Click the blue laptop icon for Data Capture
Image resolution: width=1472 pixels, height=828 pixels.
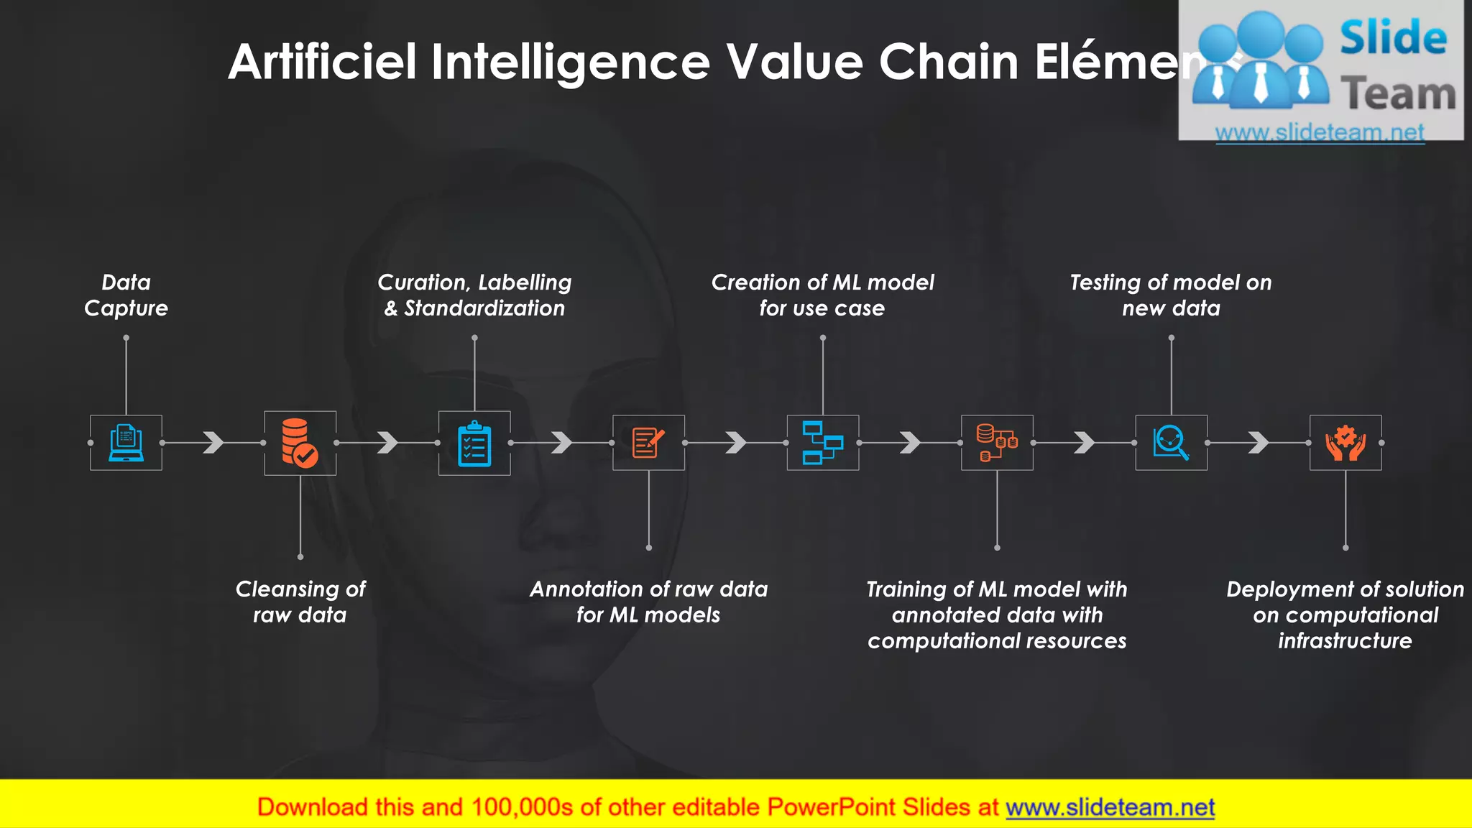[126, 443]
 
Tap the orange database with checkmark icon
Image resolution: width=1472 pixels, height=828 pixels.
[300, 443]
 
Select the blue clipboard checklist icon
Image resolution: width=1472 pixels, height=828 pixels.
[474, 443]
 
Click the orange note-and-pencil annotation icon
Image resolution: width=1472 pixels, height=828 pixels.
[648, 443]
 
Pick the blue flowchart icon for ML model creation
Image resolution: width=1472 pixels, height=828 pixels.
[822, 443]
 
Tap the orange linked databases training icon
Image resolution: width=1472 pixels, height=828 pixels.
[997, 443]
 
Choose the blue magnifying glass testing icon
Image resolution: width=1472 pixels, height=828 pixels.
[1171, 443]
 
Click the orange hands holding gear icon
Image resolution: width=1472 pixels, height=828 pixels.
[1345, 443]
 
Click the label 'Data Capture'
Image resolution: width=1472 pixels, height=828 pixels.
[126, 295]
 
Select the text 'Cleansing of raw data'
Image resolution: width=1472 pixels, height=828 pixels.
[300, 602]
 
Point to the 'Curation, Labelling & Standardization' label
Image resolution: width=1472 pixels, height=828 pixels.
[474, 295]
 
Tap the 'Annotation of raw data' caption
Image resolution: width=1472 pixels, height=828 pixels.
[648, 589]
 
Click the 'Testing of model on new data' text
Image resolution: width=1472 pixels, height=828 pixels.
[1171, 295]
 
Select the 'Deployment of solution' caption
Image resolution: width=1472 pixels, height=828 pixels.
[1345, 589]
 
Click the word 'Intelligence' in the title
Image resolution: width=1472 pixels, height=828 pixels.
[571, 62]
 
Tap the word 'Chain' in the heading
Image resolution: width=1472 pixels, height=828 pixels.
[949, 62]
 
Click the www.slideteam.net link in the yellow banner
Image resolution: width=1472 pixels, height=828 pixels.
[1110, 808]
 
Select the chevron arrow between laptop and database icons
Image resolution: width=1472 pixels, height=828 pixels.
[213, 443]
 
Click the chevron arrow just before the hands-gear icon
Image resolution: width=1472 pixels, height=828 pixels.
[1259, 443]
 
